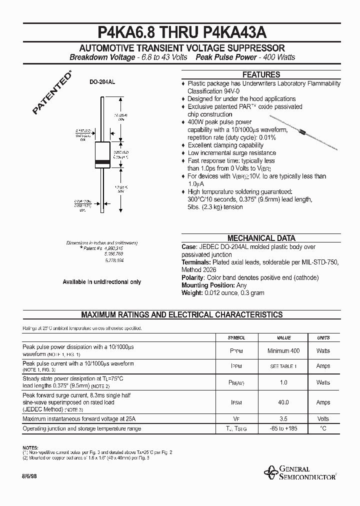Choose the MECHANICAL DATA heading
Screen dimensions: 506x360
point(261,238)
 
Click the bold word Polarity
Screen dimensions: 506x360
point(193,277)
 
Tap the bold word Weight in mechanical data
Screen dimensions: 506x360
point(191,292)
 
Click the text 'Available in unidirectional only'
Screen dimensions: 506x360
point(101,282)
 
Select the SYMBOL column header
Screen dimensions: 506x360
point(236,338)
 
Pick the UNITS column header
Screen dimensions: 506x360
point(323,338)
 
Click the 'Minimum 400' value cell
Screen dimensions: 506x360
point(283,351)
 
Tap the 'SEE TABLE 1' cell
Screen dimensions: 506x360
point(283,366)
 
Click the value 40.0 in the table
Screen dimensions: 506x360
point(283,402)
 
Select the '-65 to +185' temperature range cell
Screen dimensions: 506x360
point(283,428)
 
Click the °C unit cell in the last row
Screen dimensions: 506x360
point(323,428)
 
